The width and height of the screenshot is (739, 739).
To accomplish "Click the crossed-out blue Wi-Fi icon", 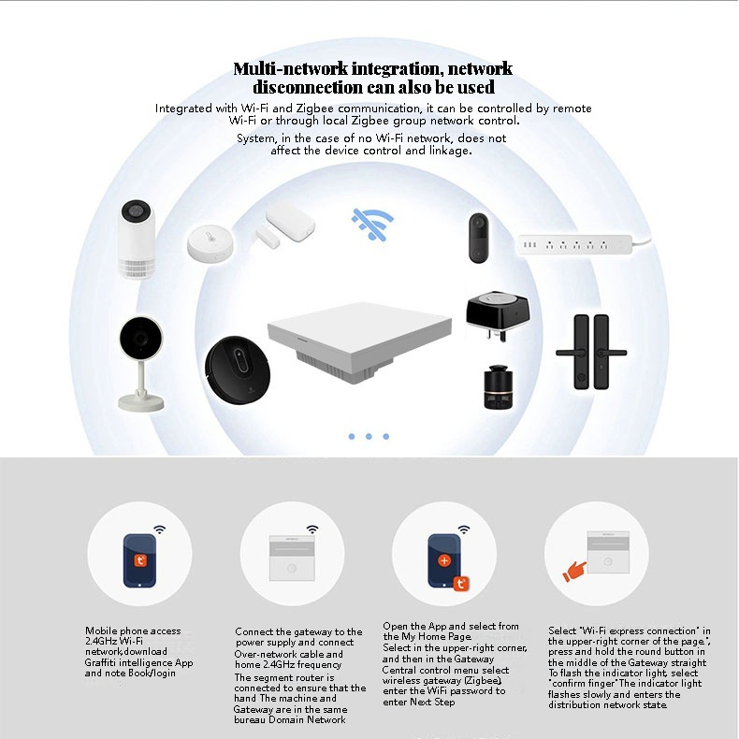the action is [372, 225].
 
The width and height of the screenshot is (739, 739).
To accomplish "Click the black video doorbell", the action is [479, 238].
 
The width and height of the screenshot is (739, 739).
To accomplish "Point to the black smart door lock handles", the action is [591, 352].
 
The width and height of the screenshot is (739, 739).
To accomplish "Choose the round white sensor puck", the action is [210, 242].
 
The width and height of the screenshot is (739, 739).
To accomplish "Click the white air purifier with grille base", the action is [138, 239].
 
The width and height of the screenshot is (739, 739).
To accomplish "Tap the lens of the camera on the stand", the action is [140, 338].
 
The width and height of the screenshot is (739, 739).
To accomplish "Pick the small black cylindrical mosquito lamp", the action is [499, 387].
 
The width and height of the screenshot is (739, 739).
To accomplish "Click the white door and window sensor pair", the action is [285, 225].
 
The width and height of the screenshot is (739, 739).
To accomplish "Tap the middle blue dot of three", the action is [369, 437].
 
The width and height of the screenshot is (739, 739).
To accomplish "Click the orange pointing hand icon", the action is [574, 572].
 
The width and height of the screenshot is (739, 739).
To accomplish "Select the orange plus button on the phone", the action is [444, 560].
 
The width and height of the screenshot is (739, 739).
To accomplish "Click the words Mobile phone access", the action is [133, 630].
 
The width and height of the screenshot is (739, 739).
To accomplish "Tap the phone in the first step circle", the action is [139, 560].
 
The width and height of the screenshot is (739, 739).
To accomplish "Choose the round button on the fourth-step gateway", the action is [608, 562].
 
